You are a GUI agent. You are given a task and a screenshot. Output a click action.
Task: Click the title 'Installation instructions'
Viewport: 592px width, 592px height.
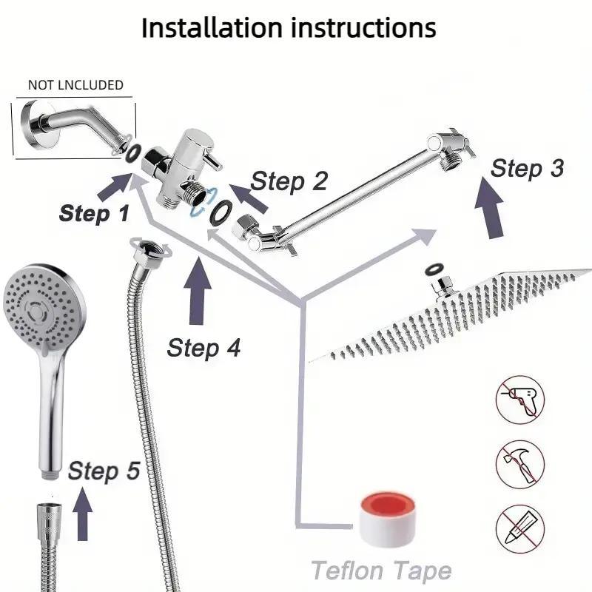pos(289,28)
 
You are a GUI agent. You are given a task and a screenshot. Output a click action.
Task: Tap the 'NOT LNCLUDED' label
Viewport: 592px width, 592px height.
pos(75,85)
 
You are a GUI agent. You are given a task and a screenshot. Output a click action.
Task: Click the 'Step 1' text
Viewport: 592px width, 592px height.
pos(94,213)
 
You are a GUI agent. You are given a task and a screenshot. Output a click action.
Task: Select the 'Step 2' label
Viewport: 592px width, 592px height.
pos(289,181)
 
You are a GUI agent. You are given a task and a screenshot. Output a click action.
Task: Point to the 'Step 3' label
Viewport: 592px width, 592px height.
pos(527,168)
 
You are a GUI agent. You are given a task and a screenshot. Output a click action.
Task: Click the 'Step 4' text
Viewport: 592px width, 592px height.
pos(203,347)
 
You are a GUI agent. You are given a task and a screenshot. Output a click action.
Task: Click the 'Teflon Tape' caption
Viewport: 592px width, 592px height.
pos(381,571)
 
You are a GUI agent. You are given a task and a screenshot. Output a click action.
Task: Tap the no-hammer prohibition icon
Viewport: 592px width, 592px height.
pos(519,463)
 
